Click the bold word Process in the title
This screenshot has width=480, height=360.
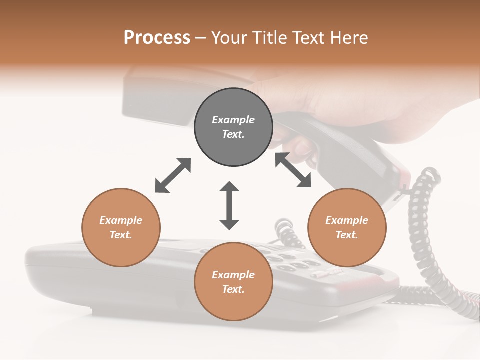tap(157, 38)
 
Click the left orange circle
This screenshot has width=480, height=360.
tap(121, 227)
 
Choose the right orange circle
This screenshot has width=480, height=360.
tap(347, 227)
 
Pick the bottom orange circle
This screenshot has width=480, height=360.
tap(233, 281)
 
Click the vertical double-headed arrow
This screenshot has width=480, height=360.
tap(229, 205)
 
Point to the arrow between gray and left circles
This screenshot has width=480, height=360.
tap(173, 175)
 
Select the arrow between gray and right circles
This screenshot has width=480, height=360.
tap(293, 170)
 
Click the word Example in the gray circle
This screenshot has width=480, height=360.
tap(233, 120)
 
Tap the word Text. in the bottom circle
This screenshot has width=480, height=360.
tap(233, 289)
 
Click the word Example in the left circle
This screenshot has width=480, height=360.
tap(121, 220)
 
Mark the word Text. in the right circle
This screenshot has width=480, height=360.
tap(347, 235)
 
